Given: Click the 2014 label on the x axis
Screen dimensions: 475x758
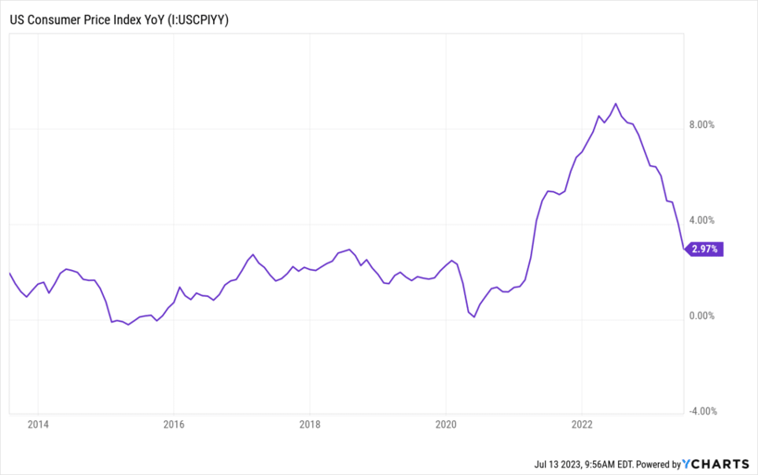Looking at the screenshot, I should click(x=38, y=426).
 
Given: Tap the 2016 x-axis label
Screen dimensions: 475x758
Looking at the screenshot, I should click(x=174, y=426).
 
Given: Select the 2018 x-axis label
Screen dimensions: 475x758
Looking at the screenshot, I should click(x=310, y=426).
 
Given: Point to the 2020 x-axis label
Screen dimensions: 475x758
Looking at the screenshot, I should click(x=446, y=426).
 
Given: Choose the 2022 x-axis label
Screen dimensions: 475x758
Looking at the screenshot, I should click(x=582, y=426).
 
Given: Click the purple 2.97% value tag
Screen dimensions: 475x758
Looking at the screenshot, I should click(x=703, y=249).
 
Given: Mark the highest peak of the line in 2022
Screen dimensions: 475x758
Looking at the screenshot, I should click(x=616, y=104).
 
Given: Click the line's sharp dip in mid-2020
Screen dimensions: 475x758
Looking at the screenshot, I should click(x=474, y=317).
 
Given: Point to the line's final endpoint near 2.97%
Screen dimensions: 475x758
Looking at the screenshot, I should click(x=685, y=249).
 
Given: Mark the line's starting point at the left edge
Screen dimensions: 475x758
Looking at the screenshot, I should click(x=9, y=273).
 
